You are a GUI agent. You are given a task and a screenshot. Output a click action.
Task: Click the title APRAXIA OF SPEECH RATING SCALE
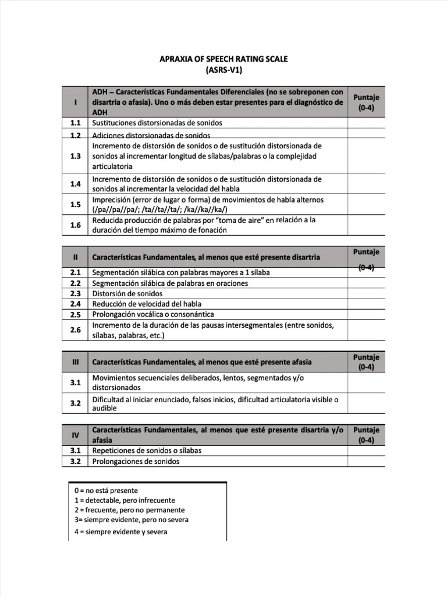coord(223,59)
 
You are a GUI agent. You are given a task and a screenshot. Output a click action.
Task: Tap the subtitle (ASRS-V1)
coord(223,70)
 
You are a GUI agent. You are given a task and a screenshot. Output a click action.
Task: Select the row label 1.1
coord(75,123)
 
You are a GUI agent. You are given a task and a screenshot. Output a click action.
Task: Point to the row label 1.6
coord(75,225)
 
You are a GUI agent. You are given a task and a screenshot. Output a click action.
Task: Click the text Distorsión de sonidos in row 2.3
coord(127,293)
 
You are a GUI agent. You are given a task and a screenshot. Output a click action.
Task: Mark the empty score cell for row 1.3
coord(366,156)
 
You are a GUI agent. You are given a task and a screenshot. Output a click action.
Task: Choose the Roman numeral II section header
coord(75,257)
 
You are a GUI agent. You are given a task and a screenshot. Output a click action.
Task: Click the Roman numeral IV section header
coord(75,435)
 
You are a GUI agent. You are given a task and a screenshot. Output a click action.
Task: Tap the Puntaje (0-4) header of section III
coord(366,361)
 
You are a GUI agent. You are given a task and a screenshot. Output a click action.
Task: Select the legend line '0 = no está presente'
coord(107,491)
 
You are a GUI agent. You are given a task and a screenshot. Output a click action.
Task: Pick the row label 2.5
coord(75,314)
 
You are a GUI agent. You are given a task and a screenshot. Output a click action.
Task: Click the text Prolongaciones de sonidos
coord(136,462)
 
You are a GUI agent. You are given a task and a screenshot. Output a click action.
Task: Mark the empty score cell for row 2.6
coord(366,330)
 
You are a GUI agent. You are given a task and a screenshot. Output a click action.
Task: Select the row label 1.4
coord(75,184)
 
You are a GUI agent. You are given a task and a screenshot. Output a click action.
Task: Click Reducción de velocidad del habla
coord(147,304)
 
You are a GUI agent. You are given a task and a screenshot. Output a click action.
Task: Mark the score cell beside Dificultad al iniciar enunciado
coord(366,403)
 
